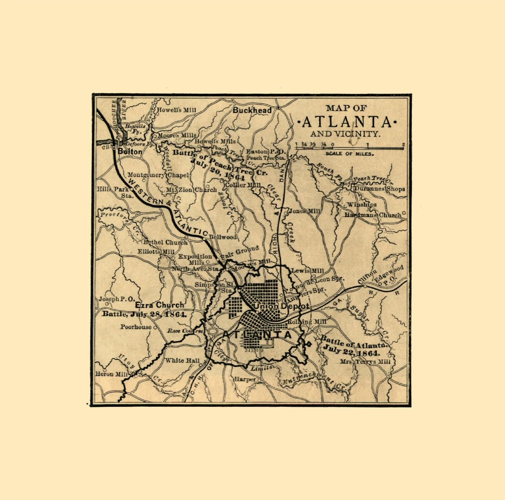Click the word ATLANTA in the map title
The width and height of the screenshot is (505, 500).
tap(347, 122)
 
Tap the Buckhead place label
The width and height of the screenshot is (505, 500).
tap(252, 110)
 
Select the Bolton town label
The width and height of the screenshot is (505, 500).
tap(130, 151)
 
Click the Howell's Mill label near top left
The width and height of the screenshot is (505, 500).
tap(176, 110)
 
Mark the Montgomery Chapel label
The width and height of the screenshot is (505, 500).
tap(159, 175)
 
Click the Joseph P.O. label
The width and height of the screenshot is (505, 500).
tap(117, 299)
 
